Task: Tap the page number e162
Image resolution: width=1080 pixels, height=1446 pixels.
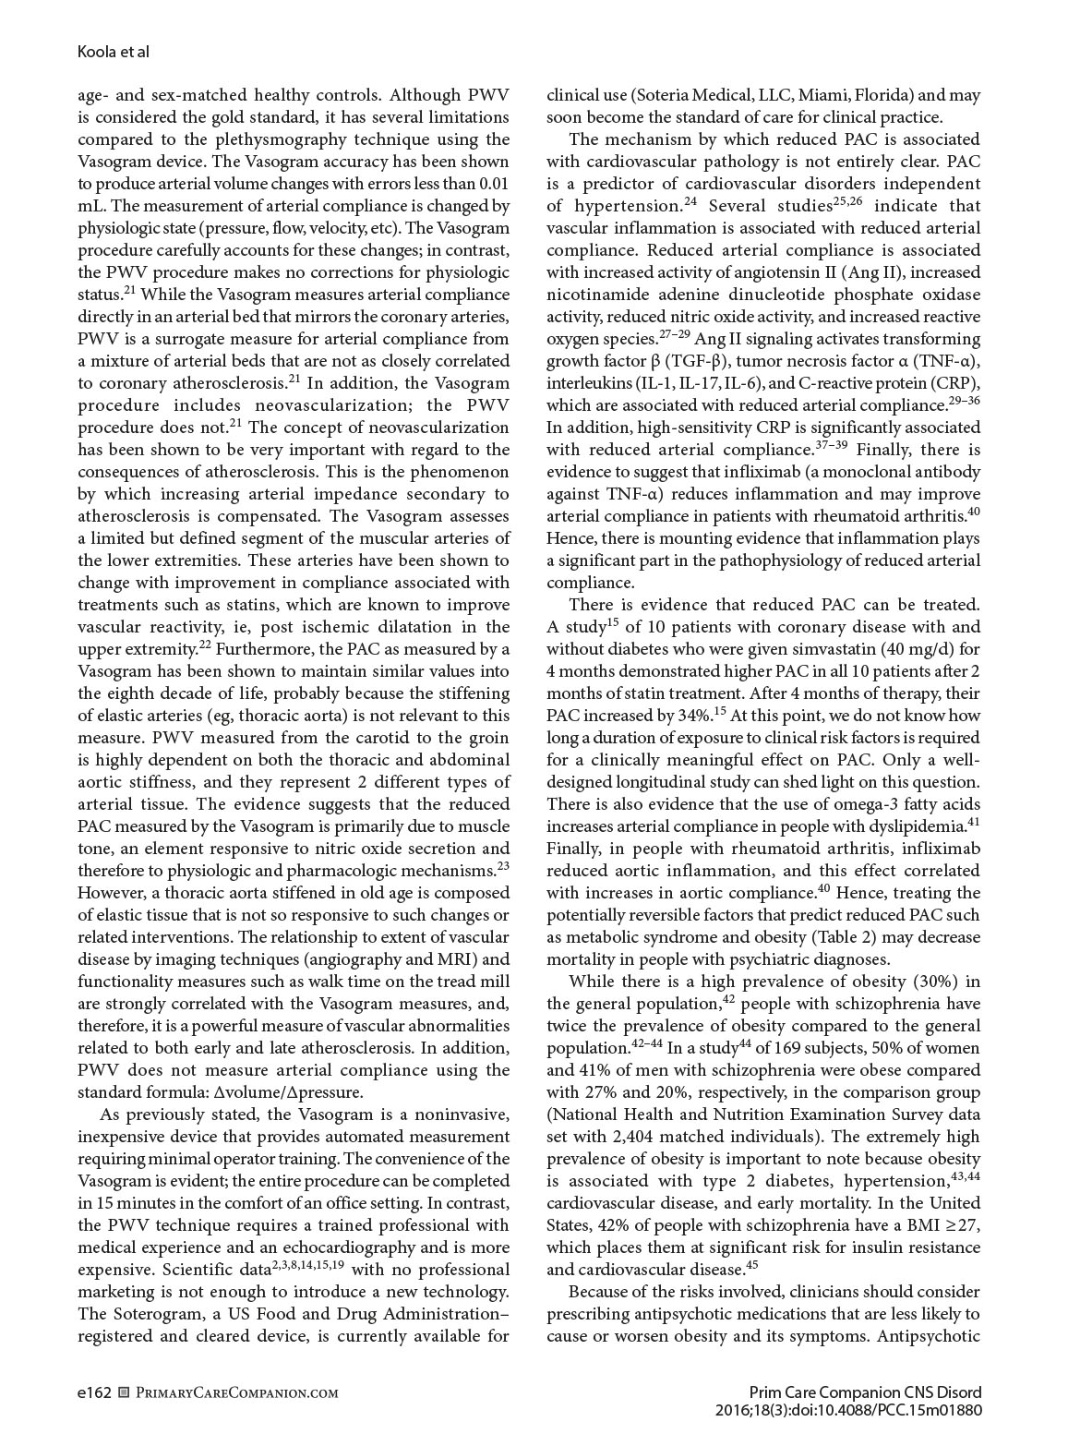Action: click(94, 1392)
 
